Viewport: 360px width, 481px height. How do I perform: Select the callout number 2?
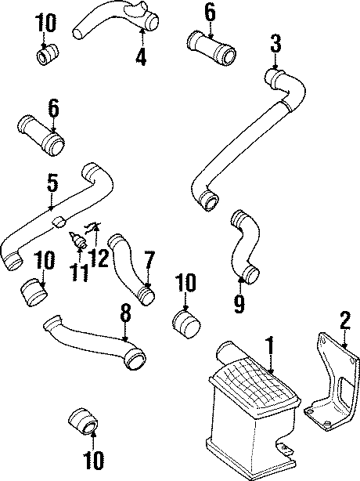coord(343,319)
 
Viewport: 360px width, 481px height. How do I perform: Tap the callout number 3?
coord(275,43)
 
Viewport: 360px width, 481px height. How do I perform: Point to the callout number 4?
coord(141,56)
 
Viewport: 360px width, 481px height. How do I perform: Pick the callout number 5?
coord(52,184)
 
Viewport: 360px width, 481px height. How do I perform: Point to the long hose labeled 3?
coord(235,149)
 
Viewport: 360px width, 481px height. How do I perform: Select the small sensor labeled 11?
coord(78,242)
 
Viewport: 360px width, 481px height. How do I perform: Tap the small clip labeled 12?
coord(92,228)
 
